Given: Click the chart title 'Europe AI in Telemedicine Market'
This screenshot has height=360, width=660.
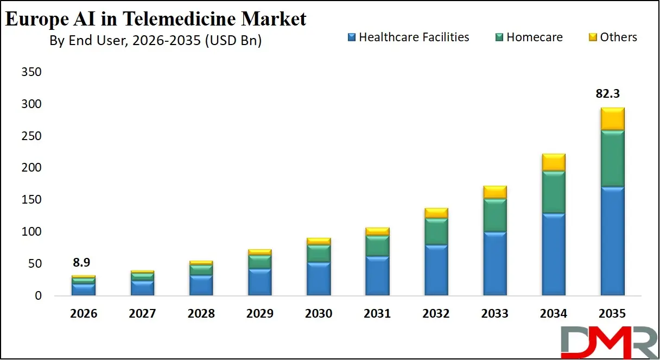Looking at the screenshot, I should (x=156, y=18).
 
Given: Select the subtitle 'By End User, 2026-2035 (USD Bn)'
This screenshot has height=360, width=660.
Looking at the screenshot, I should (x=155, y=41).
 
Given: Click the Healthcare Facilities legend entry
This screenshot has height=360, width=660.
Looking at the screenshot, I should (x=408, y=37).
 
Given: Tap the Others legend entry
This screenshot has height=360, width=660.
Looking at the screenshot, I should (x=613, y=37).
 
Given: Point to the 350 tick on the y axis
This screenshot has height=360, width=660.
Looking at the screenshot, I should (x=31, y=72).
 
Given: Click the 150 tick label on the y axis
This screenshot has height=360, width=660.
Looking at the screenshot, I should (x=31, y=200).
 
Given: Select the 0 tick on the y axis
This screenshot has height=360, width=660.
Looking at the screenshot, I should (x=38, y=296).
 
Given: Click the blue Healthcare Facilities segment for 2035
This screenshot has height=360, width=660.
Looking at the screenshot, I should (x=612, y=241).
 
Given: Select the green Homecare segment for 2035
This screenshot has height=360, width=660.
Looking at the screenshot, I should (x=612, y=159).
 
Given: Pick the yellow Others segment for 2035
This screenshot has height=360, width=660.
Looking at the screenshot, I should (x=612, y=119).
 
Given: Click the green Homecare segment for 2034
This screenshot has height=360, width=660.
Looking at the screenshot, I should (x=554, y=192).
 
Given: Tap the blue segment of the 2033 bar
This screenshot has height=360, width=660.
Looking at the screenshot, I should (x=495, y=263).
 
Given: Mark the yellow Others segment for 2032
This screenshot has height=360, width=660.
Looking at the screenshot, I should (x=436, y=213).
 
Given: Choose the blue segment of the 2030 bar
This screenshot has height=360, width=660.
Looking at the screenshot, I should (x=319, y=279).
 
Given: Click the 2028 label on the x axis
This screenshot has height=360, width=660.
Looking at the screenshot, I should (x=201, y=314).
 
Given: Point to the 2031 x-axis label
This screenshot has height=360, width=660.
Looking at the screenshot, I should (x=377, y=314).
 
